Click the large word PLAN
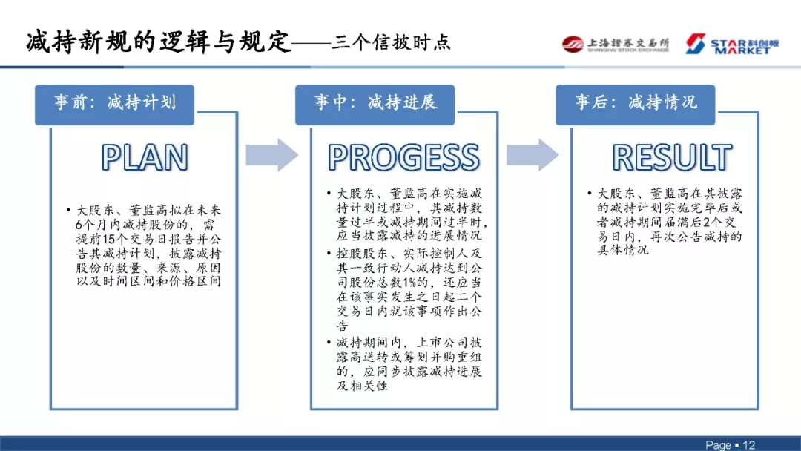coord(145,157)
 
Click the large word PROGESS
coord(403,157)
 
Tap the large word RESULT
coord(672,157)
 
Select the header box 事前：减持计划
coord(114,103)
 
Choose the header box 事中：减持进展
coord(375,103)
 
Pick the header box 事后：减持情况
coord(636,103)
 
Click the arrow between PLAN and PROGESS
coord(271,154)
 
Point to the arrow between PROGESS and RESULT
coord(532,154)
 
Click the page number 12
coord(748,444)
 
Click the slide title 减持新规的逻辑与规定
coord(156,42)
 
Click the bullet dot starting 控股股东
coord(329,254)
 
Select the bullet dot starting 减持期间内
coord(329,343)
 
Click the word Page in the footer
coord(718,444)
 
